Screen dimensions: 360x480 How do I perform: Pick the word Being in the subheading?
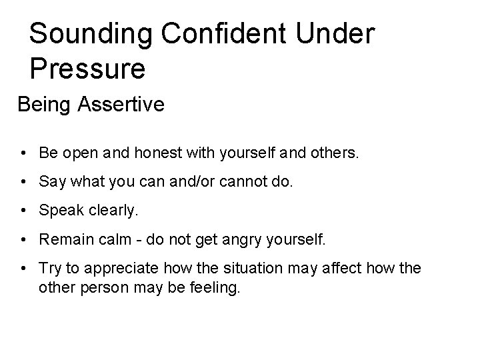click(41, 105)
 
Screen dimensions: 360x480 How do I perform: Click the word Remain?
click(62, 239)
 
